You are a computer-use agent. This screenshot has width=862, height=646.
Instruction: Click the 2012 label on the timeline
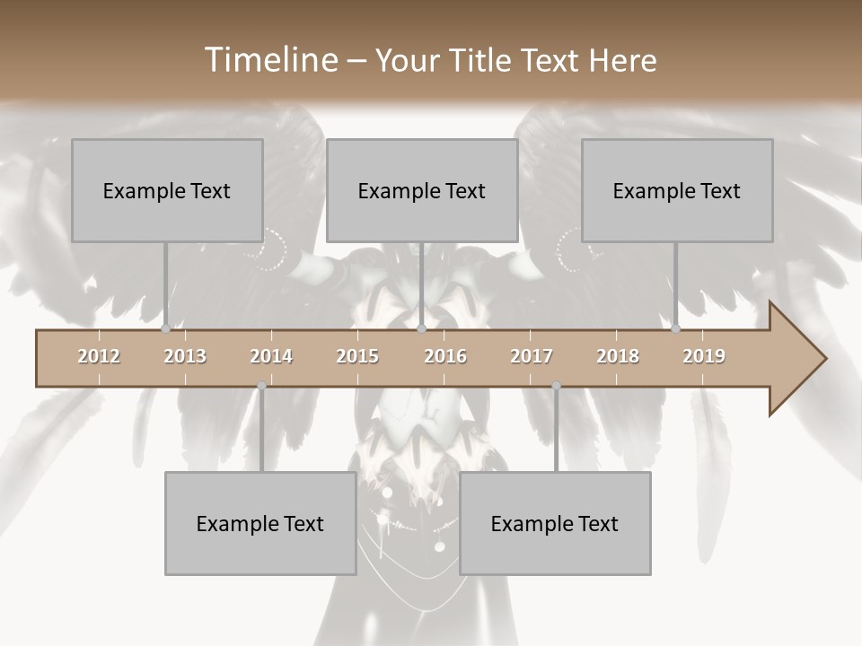click(x=99, y=356)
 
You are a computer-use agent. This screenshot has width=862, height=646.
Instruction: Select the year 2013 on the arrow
click(x=185, y=356)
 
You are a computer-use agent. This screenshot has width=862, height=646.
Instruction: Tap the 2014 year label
click(x=271, y=356)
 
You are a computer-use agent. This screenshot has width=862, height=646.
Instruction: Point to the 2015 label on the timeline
click(x=357, y=356)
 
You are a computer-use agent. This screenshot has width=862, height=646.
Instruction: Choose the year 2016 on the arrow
click(x=445, y=356)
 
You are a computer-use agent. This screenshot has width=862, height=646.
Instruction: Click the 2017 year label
click(x=532, y=356)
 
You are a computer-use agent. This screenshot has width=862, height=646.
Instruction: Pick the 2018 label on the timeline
click(x=618, y=356)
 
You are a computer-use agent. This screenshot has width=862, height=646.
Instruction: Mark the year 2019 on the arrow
click(x=704, y=356)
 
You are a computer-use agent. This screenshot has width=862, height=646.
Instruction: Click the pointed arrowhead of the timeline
click(x=804, y=359)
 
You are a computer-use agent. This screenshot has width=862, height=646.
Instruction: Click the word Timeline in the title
click(x=268, y=60)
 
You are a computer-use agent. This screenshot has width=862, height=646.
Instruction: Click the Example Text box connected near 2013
click(x=167, y=190)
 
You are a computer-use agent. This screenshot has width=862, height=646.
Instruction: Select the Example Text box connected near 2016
click(x=422, y=190)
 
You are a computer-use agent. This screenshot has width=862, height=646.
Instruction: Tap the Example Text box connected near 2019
click(x=677, y=190)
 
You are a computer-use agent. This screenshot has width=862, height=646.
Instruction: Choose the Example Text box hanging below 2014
click(x=260, y=523)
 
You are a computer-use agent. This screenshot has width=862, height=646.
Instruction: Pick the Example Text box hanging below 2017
click(x=555, y=523)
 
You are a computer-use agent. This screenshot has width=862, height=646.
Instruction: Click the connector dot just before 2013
click(x=165, y=328)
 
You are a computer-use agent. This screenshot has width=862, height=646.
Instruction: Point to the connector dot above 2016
click(x=422, y=328)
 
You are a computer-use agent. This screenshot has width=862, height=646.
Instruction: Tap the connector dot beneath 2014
click(x=261, y=386)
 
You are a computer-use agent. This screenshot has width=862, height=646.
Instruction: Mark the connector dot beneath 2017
click(x=556, y=386)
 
